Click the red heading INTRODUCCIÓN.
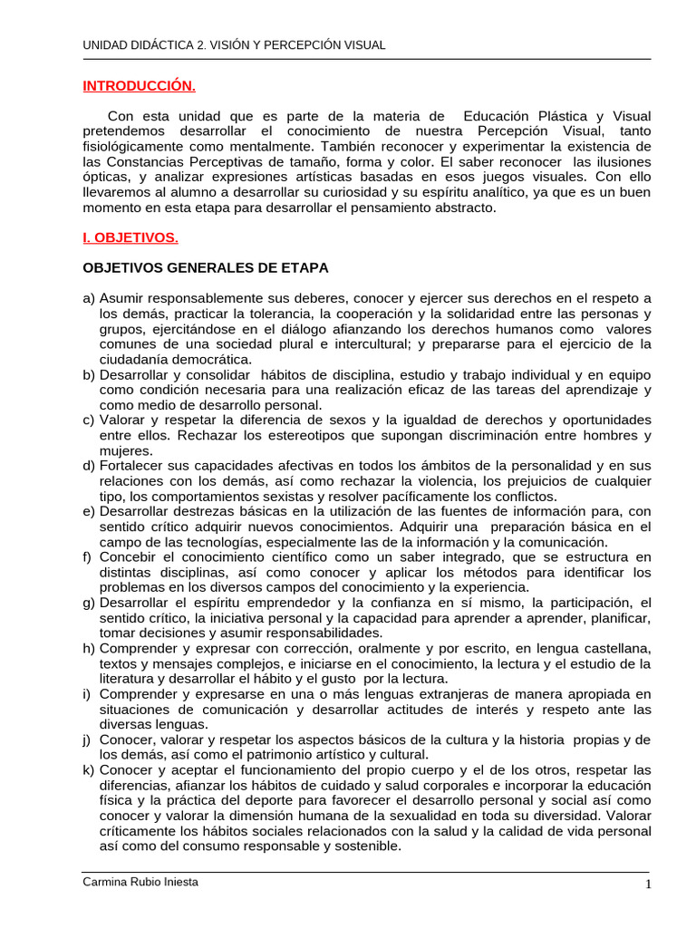click(139, 86)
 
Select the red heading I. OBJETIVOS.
click(130, 238)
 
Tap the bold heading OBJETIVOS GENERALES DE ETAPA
click(206, 268)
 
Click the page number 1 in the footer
click(648, 885)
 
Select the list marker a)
click(89, 298)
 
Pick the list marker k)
click(89, 770)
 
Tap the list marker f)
click(89, 556)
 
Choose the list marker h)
click(89, 649)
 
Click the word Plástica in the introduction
click(559, 116)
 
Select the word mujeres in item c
click(126, 451)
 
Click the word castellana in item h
click(617, 649)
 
